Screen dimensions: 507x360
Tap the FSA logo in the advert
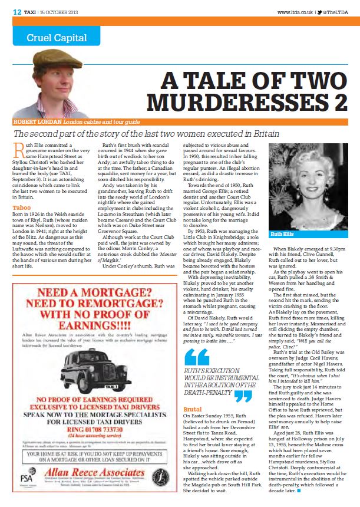25,480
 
